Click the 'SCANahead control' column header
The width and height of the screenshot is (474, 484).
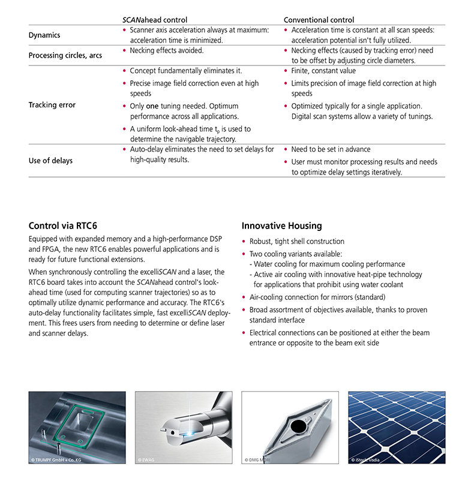[154, 20]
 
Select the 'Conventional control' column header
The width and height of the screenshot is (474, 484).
[319, 20]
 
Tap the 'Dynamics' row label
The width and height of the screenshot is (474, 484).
[44, 35]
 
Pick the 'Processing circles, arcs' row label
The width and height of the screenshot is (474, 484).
[65, 56]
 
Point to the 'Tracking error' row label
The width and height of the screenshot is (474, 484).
[52, 105]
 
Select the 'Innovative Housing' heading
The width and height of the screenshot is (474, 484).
[281, 226]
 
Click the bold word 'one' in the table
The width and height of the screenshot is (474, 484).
[152, 106]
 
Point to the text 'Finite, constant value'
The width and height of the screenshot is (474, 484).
[323, 71]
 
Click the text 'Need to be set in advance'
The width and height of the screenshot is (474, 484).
[331, 149]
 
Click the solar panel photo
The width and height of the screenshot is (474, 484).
[396, 428]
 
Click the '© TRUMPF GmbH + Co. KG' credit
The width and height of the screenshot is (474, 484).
[59, 460]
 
